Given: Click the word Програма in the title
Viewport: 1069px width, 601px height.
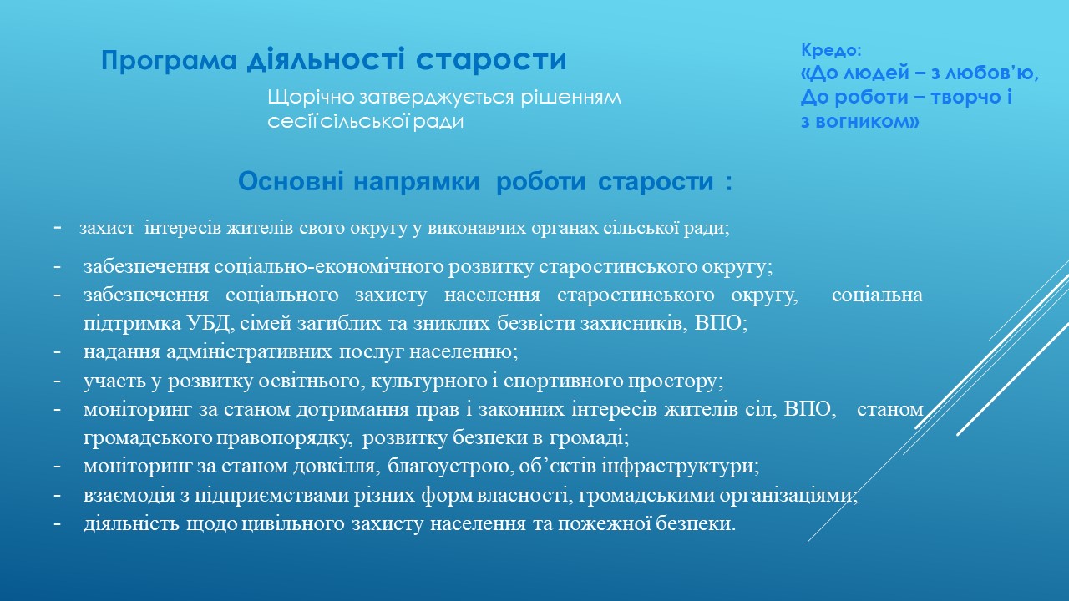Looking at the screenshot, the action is pos(169,61).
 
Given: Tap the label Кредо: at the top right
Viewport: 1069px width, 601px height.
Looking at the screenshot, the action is pos(831,50).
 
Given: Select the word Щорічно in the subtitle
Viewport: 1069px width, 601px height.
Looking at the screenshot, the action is pos(312,98).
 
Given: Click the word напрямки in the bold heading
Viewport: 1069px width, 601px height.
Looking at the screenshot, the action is pos(417,182).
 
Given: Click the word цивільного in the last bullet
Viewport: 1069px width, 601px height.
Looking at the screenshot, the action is pos(293,524).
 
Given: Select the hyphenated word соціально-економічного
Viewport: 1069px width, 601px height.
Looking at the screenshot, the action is pos(329,266).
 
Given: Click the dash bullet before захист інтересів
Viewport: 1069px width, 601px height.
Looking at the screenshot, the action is pos(58,228).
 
